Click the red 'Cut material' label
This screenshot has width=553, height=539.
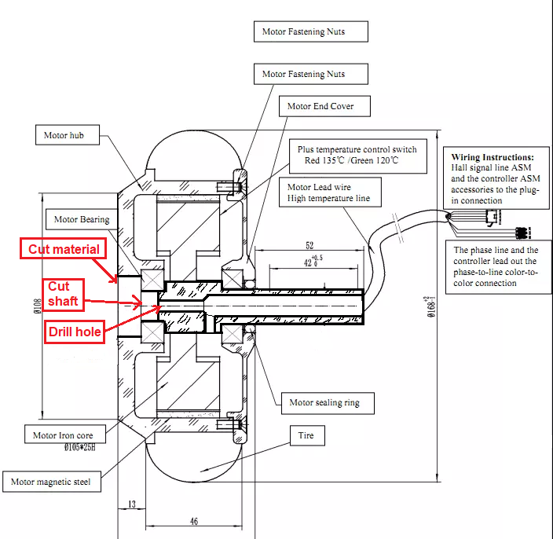click(64, 250)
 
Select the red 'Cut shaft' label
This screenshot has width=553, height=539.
click(64, 294)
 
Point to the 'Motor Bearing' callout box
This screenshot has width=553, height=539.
click(82, 219)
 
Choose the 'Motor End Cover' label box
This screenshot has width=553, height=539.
click(320, 106)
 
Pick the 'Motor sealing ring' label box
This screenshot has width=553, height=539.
click(324, 402)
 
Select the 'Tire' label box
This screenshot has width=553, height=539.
click(306, 434)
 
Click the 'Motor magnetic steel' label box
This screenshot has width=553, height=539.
click(53, 482)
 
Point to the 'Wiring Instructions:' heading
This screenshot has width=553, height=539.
click(493, 157)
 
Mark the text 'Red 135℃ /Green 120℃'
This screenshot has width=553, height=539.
click(346, 159)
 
